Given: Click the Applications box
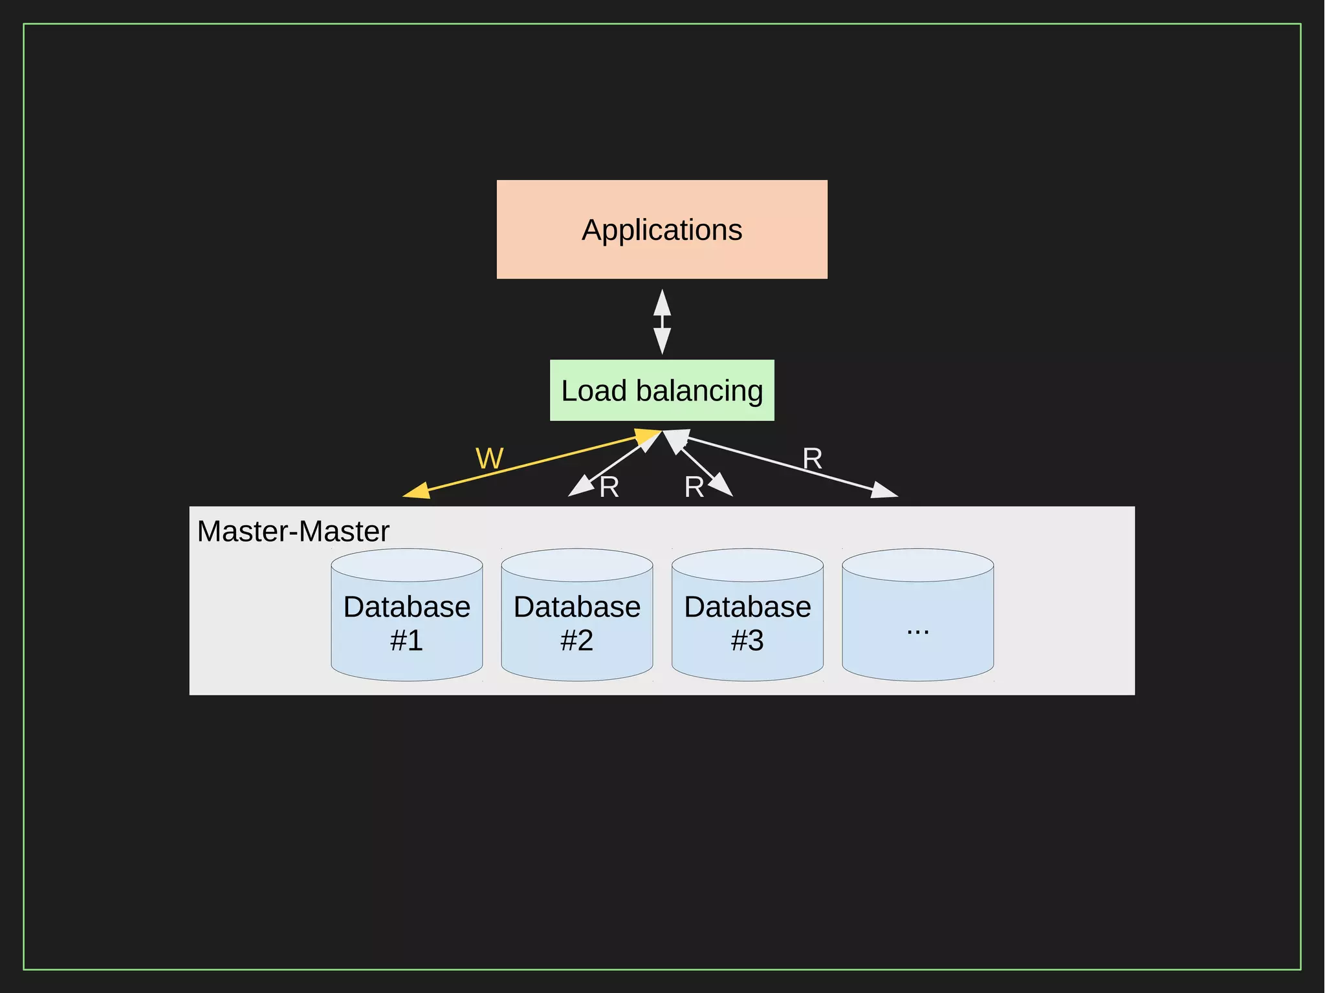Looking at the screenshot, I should (662, 230).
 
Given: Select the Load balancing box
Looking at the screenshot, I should (662, 390).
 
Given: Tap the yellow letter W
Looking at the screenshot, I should (489, 459).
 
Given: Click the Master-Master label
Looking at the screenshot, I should (293, 531).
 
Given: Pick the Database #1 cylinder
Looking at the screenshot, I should (406, 615).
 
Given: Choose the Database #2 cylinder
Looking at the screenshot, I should (576, 615).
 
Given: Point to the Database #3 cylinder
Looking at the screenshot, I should (747, 615).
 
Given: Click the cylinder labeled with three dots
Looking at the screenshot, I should (917, 615).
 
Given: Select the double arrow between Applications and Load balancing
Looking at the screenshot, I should (662, 322).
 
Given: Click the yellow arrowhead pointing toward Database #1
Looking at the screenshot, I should (417, 491).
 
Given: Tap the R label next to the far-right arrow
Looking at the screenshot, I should (812, 459).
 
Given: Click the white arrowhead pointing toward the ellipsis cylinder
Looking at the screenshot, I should (884, 490).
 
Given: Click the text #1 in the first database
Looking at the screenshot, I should (406, 640).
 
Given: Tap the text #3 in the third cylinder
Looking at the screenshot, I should (747, 640).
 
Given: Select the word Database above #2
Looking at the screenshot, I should (576, 607).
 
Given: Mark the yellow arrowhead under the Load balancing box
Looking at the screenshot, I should (647, 437).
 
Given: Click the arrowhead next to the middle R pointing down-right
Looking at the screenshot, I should (720, 485).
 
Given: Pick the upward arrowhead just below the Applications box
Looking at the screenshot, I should (662, 303).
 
